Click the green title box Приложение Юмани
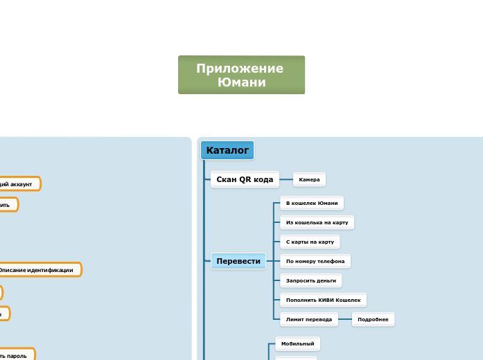[x=241, y=75]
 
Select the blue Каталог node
[x=227, y=150]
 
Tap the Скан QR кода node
[x=245, y=179]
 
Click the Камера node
[x=309, y=179]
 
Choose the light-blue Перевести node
[x=238, y=261]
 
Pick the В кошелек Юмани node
[x=312, y=203]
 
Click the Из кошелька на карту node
[x=317, y=222]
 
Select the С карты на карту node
[x=310, y=242]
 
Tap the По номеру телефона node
[x=315, y=261]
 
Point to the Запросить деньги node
[x=311, y=280]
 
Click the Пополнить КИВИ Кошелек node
[x=323, y=300]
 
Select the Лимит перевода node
[x=309, y=319]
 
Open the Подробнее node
[x=373, y=319]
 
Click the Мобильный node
[x=297, y=343]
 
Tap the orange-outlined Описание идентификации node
[x=38, y=269]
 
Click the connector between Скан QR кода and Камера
[x=286, y=179]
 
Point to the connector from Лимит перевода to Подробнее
[x=345, y=319]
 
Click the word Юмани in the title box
[x=241, y=82]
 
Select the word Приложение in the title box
[x=240, y=68]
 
